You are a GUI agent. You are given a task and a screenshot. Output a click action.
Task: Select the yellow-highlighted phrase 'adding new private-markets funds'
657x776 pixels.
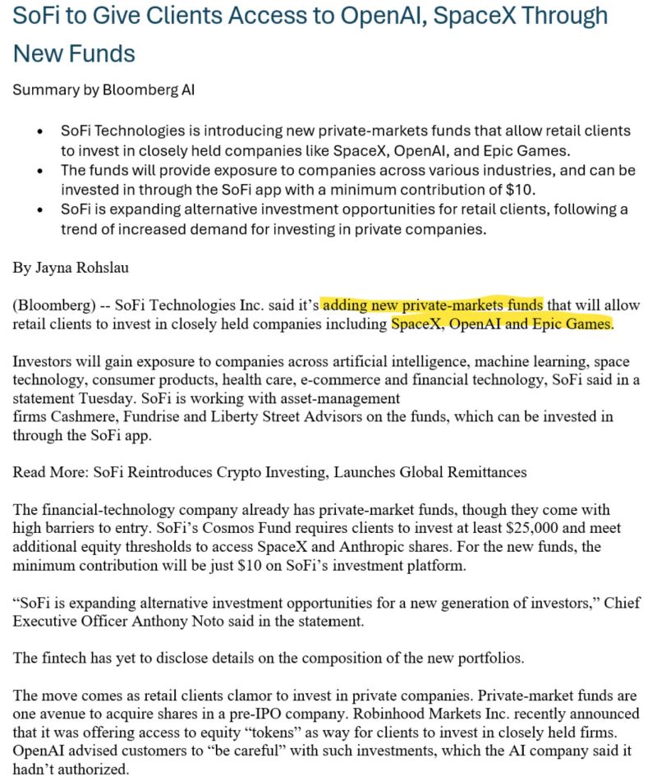432,305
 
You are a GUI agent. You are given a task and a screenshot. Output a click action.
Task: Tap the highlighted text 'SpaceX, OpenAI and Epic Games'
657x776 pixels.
502,324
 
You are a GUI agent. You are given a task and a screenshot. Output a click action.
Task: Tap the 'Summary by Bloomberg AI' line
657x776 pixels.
103,90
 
